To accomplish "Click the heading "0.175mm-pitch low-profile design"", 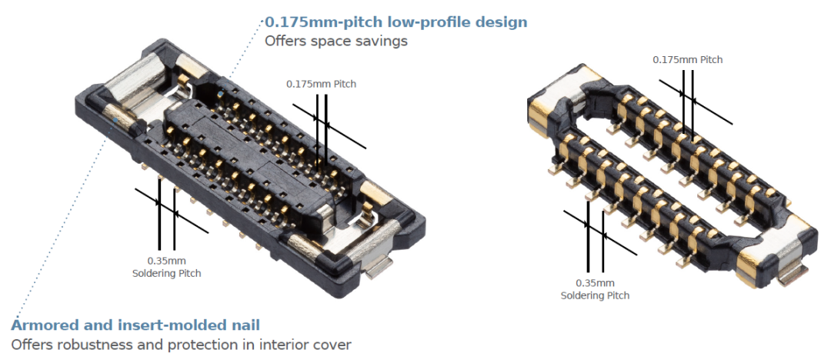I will click(395, 22).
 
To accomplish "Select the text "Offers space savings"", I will click(335, 42).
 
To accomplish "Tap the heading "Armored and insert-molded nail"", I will click(135, 325).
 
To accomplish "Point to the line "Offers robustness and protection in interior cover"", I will click(181, 345).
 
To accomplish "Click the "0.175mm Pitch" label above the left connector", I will click(321, 84).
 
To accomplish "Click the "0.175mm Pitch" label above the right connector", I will click(687, 59).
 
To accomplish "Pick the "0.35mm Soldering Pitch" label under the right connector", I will click(595, 289).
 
